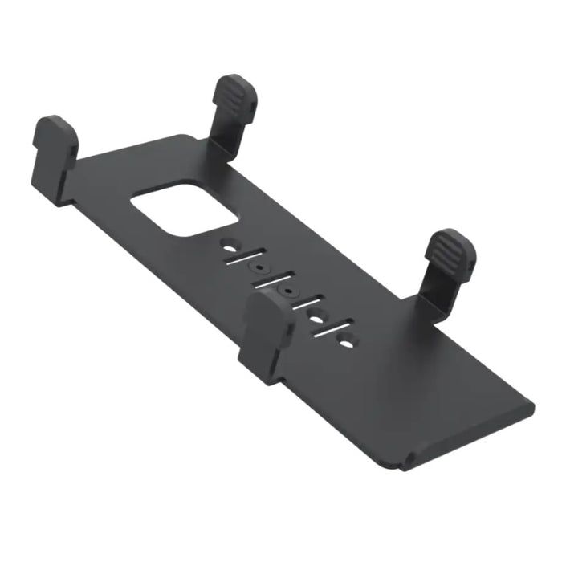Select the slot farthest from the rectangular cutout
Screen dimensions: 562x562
[x=331, y=328]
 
